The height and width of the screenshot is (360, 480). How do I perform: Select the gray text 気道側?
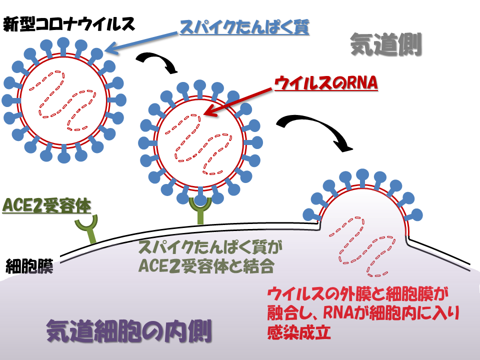pyautogui.click(x=385, y=44)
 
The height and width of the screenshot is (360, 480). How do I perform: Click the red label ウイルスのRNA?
pyautogui.click(x=325, y=83)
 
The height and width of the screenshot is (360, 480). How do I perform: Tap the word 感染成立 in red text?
pyautogui.click(x=299, y=333)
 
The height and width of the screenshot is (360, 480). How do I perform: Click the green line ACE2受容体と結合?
pyautogui.click(x=206, y=265)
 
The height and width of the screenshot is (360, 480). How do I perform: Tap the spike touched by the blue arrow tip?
pyautogui.click(x=98, y=53)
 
